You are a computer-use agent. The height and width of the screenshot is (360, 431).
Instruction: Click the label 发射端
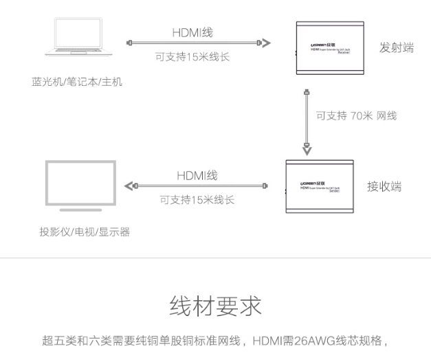(397, 47)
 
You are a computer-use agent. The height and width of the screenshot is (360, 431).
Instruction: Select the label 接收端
(384, 186)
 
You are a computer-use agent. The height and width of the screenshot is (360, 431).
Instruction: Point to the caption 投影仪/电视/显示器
(85, 232)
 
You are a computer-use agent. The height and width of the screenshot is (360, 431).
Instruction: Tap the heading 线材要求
(216, 307)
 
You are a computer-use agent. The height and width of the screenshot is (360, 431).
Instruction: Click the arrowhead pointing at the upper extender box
(266, 43)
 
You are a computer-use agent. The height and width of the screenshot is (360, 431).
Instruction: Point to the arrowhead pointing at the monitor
(129, 185)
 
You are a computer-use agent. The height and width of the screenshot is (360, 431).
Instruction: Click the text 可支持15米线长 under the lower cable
(197, 200)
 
